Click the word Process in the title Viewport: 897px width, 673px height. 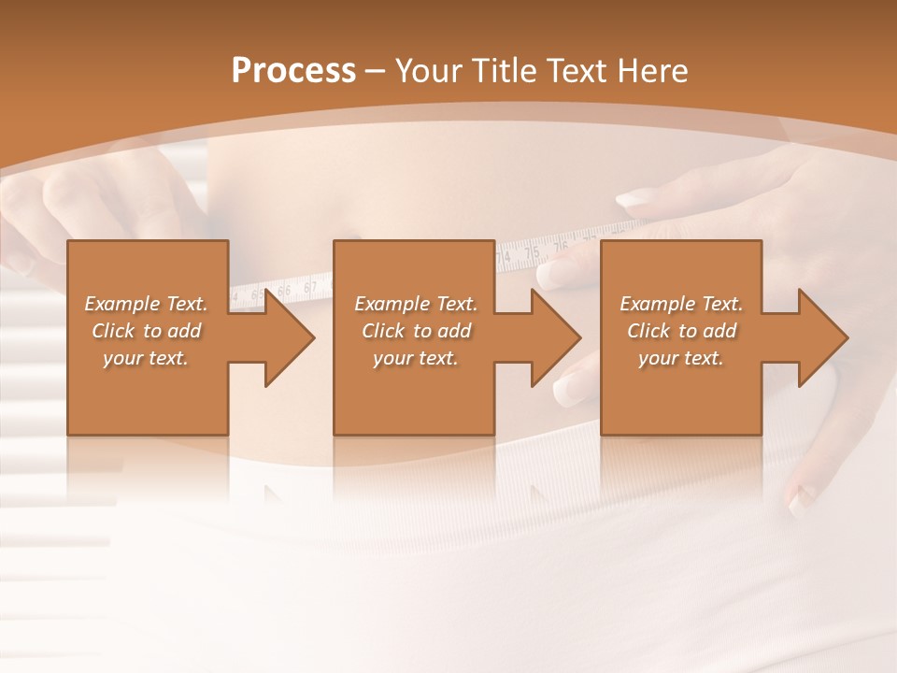[293, 71]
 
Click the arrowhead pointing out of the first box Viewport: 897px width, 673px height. [285, 337]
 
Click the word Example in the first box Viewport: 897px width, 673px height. [121, 304]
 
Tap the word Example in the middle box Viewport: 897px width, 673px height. [392, 304]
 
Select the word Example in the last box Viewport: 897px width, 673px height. [657, 304]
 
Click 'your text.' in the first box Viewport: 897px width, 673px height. [146, 358]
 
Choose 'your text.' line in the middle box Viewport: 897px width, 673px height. [416, 358]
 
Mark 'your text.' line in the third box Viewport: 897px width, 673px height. [681, 358]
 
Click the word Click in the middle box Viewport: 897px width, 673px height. [383, 331]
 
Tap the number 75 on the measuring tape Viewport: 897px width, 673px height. [533, 252]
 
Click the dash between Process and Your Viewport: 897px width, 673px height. [376, 72]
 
